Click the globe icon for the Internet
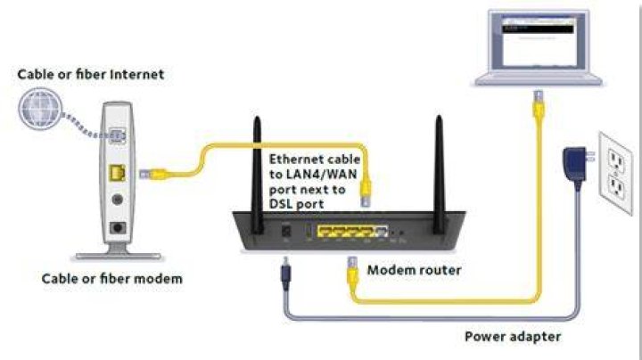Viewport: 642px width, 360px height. point(40,109)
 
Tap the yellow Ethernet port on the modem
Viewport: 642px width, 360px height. point(117,173)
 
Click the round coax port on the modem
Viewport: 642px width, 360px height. point(118,200)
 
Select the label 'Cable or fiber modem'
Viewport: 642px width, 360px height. point(111,279)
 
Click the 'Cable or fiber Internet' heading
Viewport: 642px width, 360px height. point(90,74)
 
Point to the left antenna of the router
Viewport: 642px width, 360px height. point(257,175)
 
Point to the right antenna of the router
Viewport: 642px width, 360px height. point(439,175)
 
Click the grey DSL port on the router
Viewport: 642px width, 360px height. point(382,232)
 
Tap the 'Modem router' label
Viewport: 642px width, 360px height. point(414,270)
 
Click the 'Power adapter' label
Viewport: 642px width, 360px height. point(513,336)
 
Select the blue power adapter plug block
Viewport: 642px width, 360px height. point(575,165)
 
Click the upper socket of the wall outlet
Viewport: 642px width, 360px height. point(616,160)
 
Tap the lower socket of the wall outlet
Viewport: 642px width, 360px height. point(617,187)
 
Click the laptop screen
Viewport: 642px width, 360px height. point(539,41)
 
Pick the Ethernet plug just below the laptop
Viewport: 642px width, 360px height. point(538,105)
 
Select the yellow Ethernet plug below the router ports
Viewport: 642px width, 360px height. point(352,272)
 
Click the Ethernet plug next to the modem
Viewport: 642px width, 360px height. point(152,175)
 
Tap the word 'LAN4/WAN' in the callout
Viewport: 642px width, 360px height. point(313,175)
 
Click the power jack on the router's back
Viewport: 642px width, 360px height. point(286,231)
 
